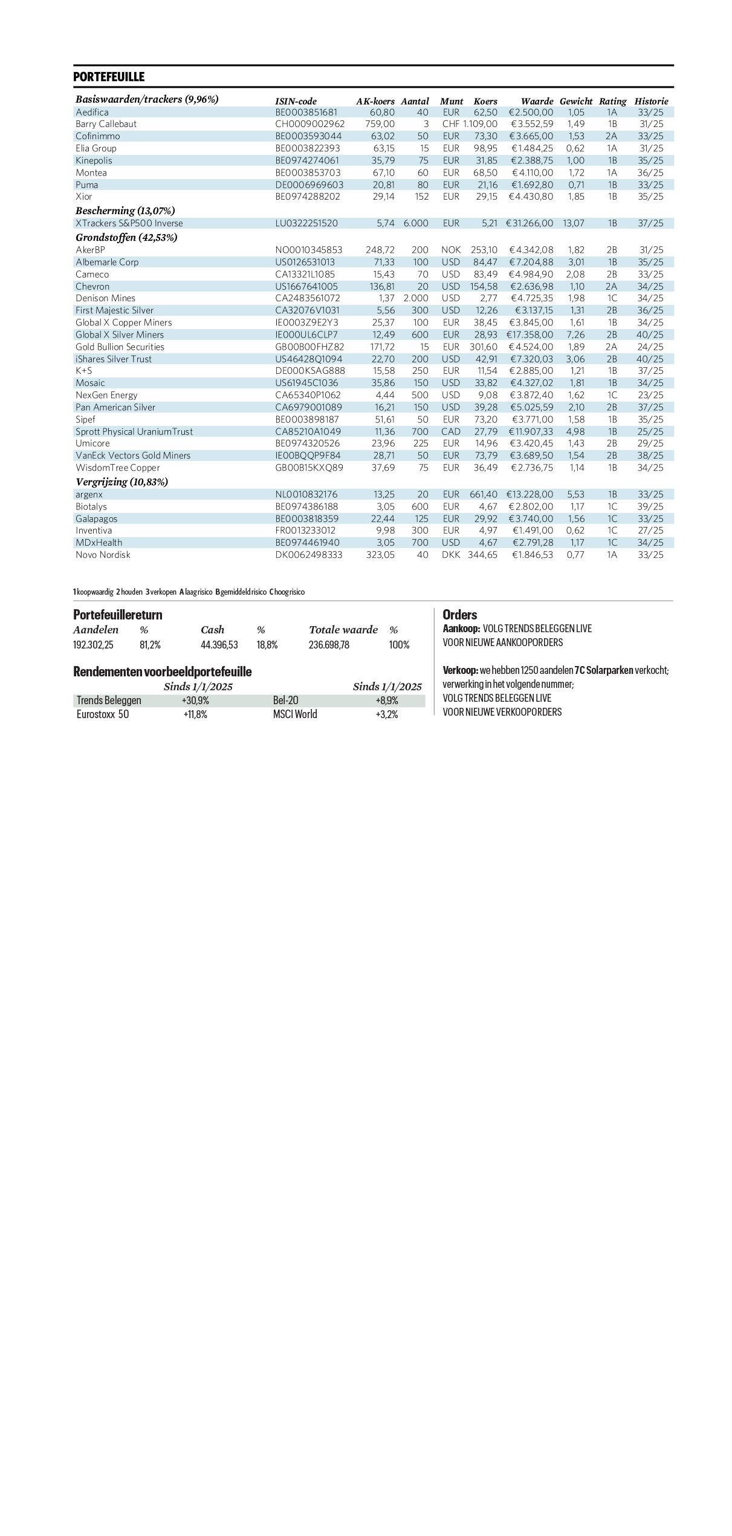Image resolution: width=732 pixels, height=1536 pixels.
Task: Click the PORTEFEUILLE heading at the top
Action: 109,77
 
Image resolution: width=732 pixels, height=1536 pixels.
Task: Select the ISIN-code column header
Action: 296,101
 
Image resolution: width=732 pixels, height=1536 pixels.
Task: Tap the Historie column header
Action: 651,101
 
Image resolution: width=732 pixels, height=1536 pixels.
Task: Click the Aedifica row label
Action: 92,112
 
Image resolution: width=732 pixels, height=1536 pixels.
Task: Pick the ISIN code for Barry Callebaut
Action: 309,124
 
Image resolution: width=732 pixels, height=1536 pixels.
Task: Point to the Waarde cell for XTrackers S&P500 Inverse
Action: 530,223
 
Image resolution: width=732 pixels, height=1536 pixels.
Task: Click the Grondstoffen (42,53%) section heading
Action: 126,237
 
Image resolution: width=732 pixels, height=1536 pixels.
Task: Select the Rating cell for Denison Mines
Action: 612,298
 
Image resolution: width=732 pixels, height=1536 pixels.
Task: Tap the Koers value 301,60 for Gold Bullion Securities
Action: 484,347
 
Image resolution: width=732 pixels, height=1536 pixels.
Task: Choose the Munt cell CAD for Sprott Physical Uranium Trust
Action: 451,431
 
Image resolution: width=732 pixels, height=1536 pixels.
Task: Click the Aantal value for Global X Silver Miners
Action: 420,335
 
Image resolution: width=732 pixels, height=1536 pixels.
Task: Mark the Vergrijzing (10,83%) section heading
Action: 121,482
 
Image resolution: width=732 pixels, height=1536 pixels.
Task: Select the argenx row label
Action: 89,494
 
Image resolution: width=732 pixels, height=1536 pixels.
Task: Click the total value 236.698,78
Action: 329,645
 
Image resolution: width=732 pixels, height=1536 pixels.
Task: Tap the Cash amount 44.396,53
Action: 219,645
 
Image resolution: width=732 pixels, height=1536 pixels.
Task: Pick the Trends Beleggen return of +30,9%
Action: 195,701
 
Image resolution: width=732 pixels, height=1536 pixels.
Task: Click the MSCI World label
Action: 295,714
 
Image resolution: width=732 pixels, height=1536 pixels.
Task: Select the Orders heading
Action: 460,615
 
